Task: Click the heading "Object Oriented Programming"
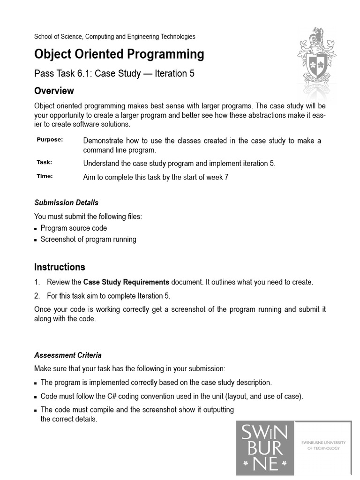[119, 54]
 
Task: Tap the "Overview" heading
[54, 90]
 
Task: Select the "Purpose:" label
[50, 140]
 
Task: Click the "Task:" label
[45, 162]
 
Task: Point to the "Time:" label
[45, 176]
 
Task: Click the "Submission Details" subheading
[66, 202]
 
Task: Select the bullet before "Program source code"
[36, 229]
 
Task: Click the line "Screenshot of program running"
[88, 239]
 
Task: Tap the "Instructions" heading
[60, 267]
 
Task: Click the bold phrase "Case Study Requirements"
[126, 282]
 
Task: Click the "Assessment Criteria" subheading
[67, 355]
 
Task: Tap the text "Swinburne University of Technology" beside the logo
[323, 445]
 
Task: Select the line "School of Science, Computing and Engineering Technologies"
[115, 37]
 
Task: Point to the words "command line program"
[119, 150]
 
